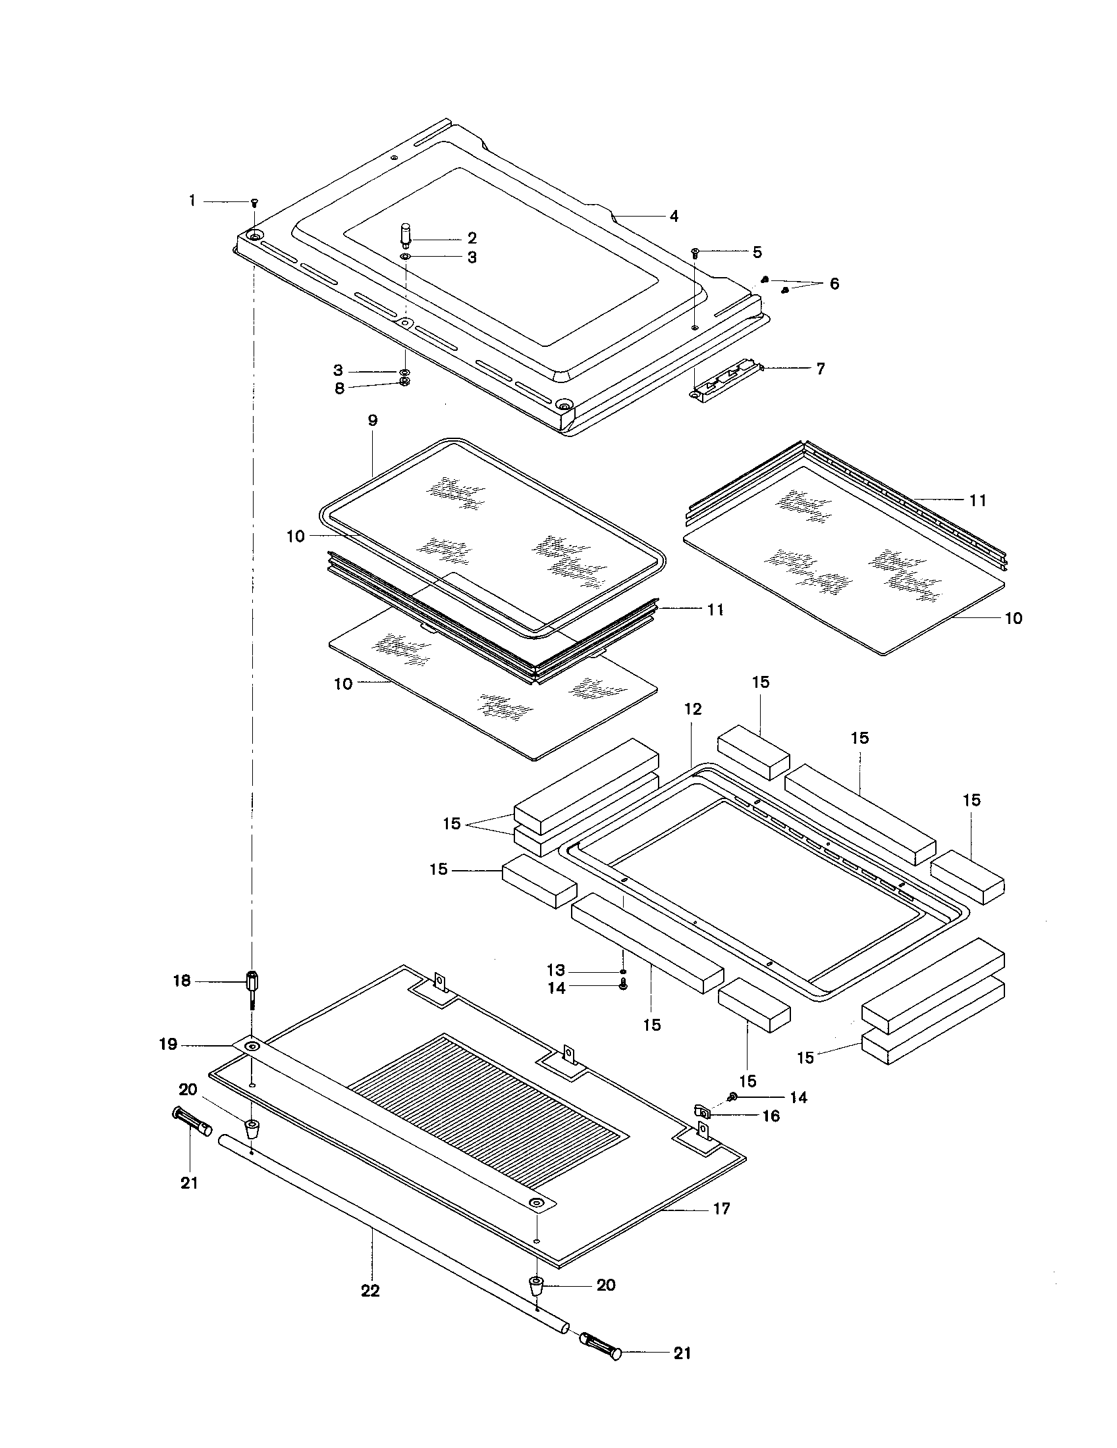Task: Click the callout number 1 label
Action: tap(192, 200)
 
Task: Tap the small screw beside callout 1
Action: tap(254, 201)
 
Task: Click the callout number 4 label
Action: tap(673, 216)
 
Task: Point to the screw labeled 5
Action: tap(695, 252)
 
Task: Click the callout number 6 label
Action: tap(834, 284)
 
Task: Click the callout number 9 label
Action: tap(372, 420)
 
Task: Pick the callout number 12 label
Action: tap(692, 709)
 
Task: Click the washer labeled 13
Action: tap(623, 971)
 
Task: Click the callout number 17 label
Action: tap(721, 1208)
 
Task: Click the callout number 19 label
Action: tap(168, 1045)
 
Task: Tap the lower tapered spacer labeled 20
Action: tap(535, 1285)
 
